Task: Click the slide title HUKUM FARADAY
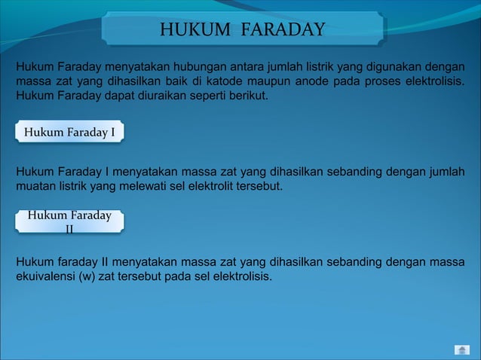point(242,29)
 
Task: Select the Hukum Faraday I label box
point(69,133)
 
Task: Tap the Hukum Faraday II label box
point(69,221)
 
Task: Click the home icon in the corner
point(462,349)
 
